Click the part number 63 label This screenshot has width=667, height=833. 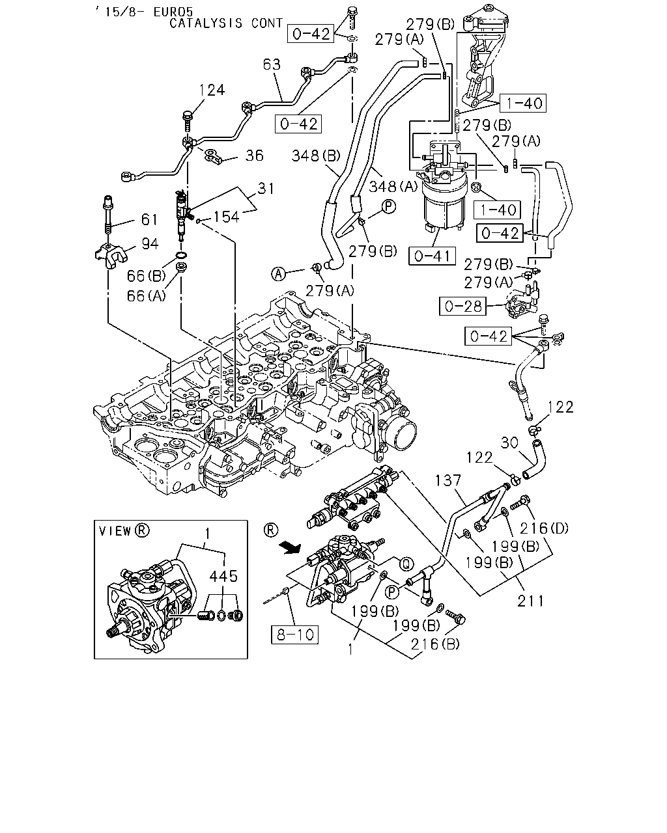pos(272,64)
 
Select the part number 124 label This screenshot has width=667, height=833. pos(212,90)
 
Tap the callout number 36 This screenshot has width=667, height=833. pos(254,156)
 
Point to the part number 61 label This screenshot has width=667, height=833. pos(149,219)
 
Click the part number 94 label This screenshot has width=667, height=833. pos(150,243)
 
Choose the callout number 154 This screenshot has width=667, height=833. pos(226,217)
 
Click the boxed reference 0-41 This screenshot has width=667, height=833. pos(432,256)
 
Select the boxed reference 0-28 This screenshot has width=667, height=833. pos(462,306)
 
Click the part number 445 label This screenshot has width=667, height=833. pos(223,577)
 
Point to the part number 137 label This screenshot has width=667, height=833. pos(448,480)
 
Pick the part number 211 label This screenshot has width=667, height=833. pos(531,601)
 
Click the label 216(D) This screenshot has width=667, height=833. pos(544,528)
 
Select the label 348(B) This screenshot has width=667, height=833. pos(316,156)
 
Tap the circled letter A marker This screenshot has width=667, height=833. pos(278,274)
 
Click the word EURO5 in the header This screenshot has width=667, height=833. pos(173,12)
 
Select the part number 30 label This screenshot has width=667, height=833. pos(509,443)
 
